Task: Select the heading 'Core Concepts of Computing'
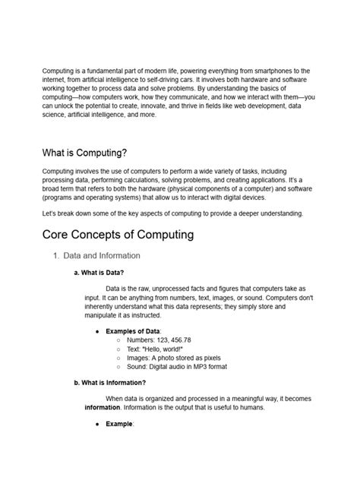(x=118, y=234)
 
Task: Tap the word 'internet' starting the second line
(x=55, y=79)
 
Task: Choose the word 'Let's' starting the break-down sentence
(x=51, y=213)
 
